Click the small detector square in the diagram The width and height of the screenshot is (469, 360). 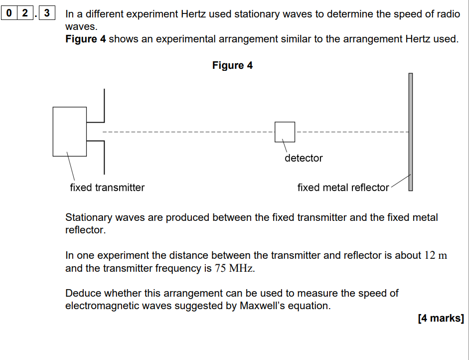[285, 132]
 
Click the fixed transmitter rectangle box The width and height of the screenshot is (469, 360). [69, 132]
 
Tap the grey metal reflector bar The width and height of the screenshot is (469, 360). [411, 132]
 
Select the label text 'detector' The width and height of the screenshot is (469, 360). [304, 158]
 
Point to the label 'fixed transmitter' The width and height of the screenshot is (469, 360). [107, 187]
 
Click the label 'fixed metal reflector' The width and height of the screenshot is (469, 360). [343, 187]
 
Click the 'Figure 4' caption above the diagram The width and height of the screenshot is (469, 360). [232, 65]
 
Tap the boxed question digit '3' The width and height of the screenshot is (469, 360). [47, 13]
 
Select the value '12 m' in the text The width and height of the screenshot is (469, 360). [436, 255]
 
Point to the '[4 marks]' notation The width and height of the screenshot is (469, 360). [441, 318]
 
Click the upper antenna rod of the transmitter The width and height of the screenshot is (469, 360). [104, 105]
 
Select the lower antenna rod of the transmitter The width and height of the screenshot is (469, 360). [104, 157]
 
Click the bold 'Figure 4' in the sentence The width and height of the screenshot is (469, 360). [86, 39]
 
